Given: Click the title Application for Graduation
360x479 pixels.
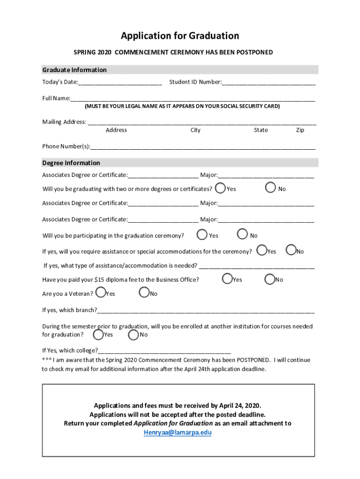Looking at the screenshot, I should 180,36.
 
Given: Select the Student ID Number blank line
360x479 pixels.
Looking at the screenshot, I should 268,83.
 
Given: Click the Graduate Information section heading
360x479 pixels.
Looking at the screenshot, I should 74,70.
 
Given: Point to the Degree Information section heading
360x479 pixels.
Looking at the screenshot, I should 71,163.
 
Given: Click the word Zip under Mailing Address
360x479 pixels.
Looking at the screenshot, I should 300,130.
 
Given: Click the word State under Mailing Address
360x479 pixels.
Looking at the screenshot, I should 261,130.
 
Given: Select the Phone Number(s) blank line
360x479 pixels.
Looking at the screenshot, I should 203,147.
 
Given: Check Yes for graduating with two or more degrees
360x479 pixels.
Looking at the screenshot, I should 220,188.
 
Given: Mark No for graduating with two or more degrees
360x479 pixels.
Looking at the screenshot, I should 271,188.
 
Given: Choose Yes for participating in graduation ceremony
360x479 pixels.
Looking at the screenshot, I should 202,234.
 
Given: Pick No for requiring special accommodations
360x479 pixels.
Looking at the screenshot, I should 291,251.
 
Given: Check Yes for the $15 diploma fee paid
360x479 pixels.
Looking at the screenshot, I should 227,279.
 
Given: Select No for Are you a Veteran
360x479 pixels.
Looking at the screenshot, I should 144,293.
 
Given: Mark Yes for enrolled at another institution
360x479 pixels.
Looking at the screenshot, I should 98,334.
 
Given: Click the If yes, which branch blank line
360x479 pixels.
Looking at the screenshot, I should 206,311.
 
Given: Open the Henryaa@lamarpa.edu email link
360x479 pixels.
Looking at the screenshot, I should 177,433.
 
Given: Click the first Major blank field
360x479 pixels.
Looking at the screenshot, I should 266,176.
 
